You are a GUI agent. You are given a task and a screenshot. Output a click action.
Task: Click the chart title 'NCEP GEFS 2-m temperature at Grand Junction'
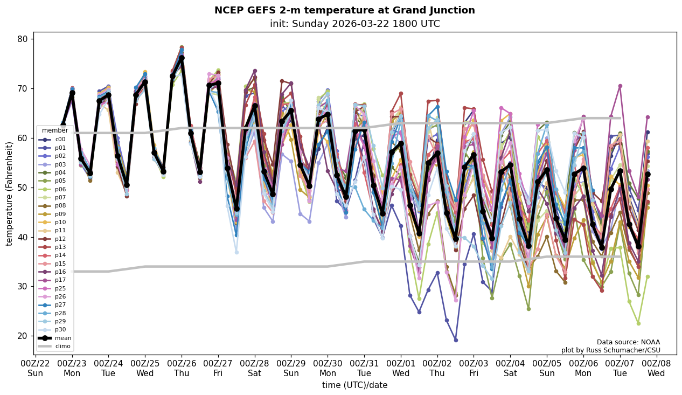click(344, 10)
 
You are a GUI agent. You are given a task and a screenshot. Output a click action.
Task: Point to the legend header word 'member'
click(55, 130)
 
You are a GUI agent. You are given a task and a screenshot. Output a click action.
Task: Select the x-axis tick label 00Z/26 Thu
click(182, 368)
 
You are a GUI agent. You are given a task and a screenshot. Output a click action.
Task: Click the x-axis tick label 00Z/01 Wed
click(401, 368)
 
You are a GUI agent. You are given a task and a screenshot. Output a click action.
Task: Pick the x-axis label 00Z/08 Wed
click(656, 368)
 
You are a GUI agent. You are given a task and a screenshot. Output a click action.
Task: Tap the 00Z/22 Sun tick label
click(36, 368)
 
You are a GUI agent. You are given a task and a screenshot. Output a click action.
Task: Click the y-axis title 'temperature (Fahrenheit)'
click(9, 193)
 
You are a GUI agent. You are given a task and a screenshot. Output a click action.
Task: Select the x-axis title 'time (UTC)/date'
click(354, 385)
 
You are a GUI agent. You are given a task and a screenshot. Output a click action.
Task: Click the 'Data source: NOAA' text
click(628, 342)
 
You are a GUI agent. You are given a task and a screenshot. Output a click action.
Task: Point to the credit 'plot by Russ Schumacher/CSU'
click(610, 350)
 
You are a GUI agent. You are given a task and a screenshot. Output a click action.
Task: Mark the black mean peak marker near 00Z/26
click(182, 58)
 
